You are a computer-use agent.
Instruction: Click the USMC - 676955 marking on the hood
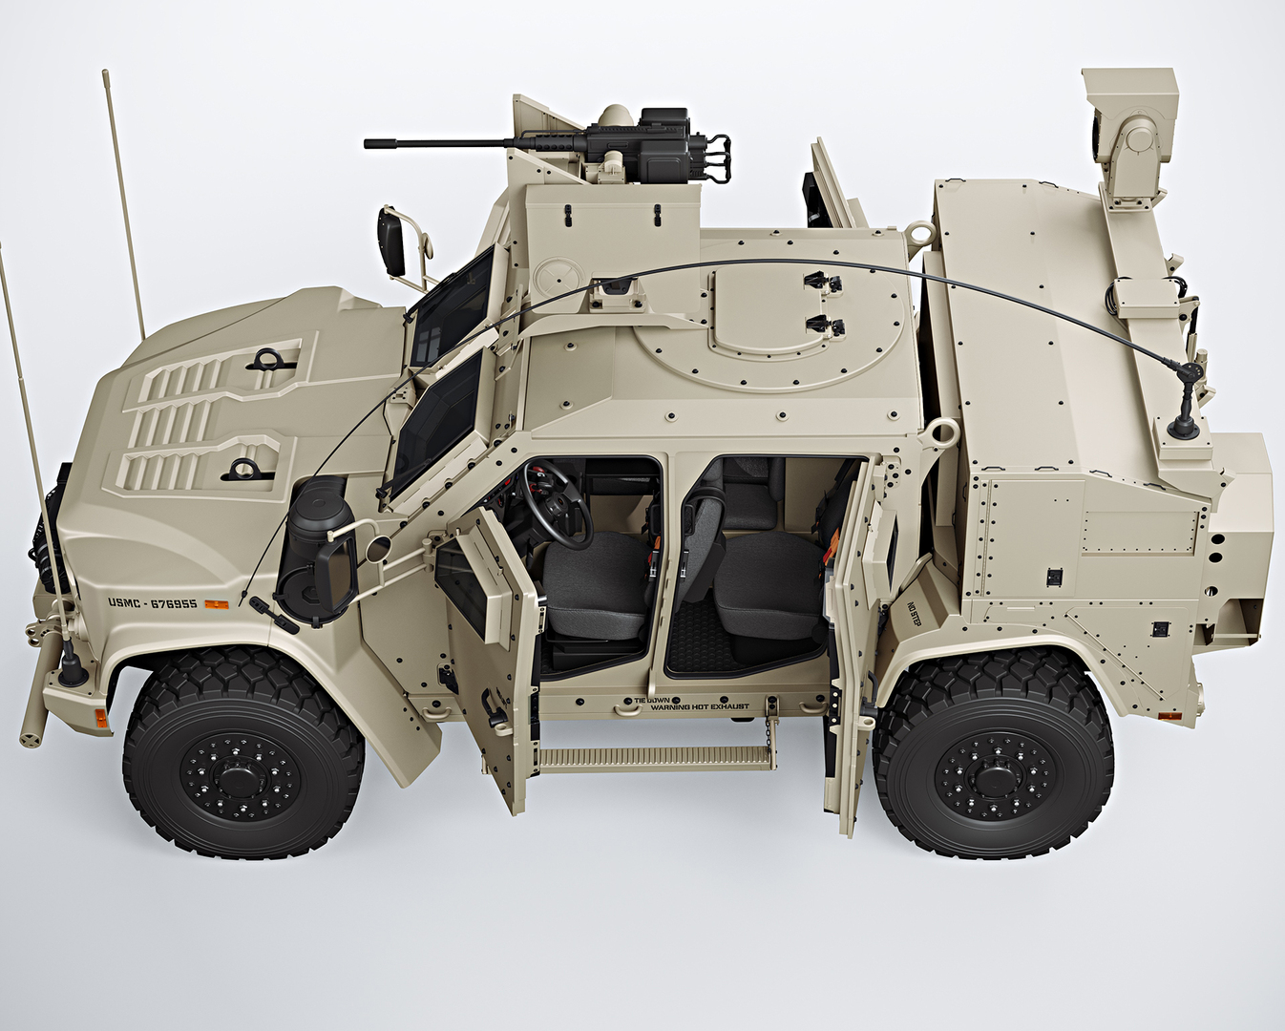153,603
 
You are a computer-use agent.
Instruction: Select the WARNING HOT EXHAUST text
699,707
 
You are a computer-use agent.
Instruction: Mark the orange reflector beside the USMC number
218,604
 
